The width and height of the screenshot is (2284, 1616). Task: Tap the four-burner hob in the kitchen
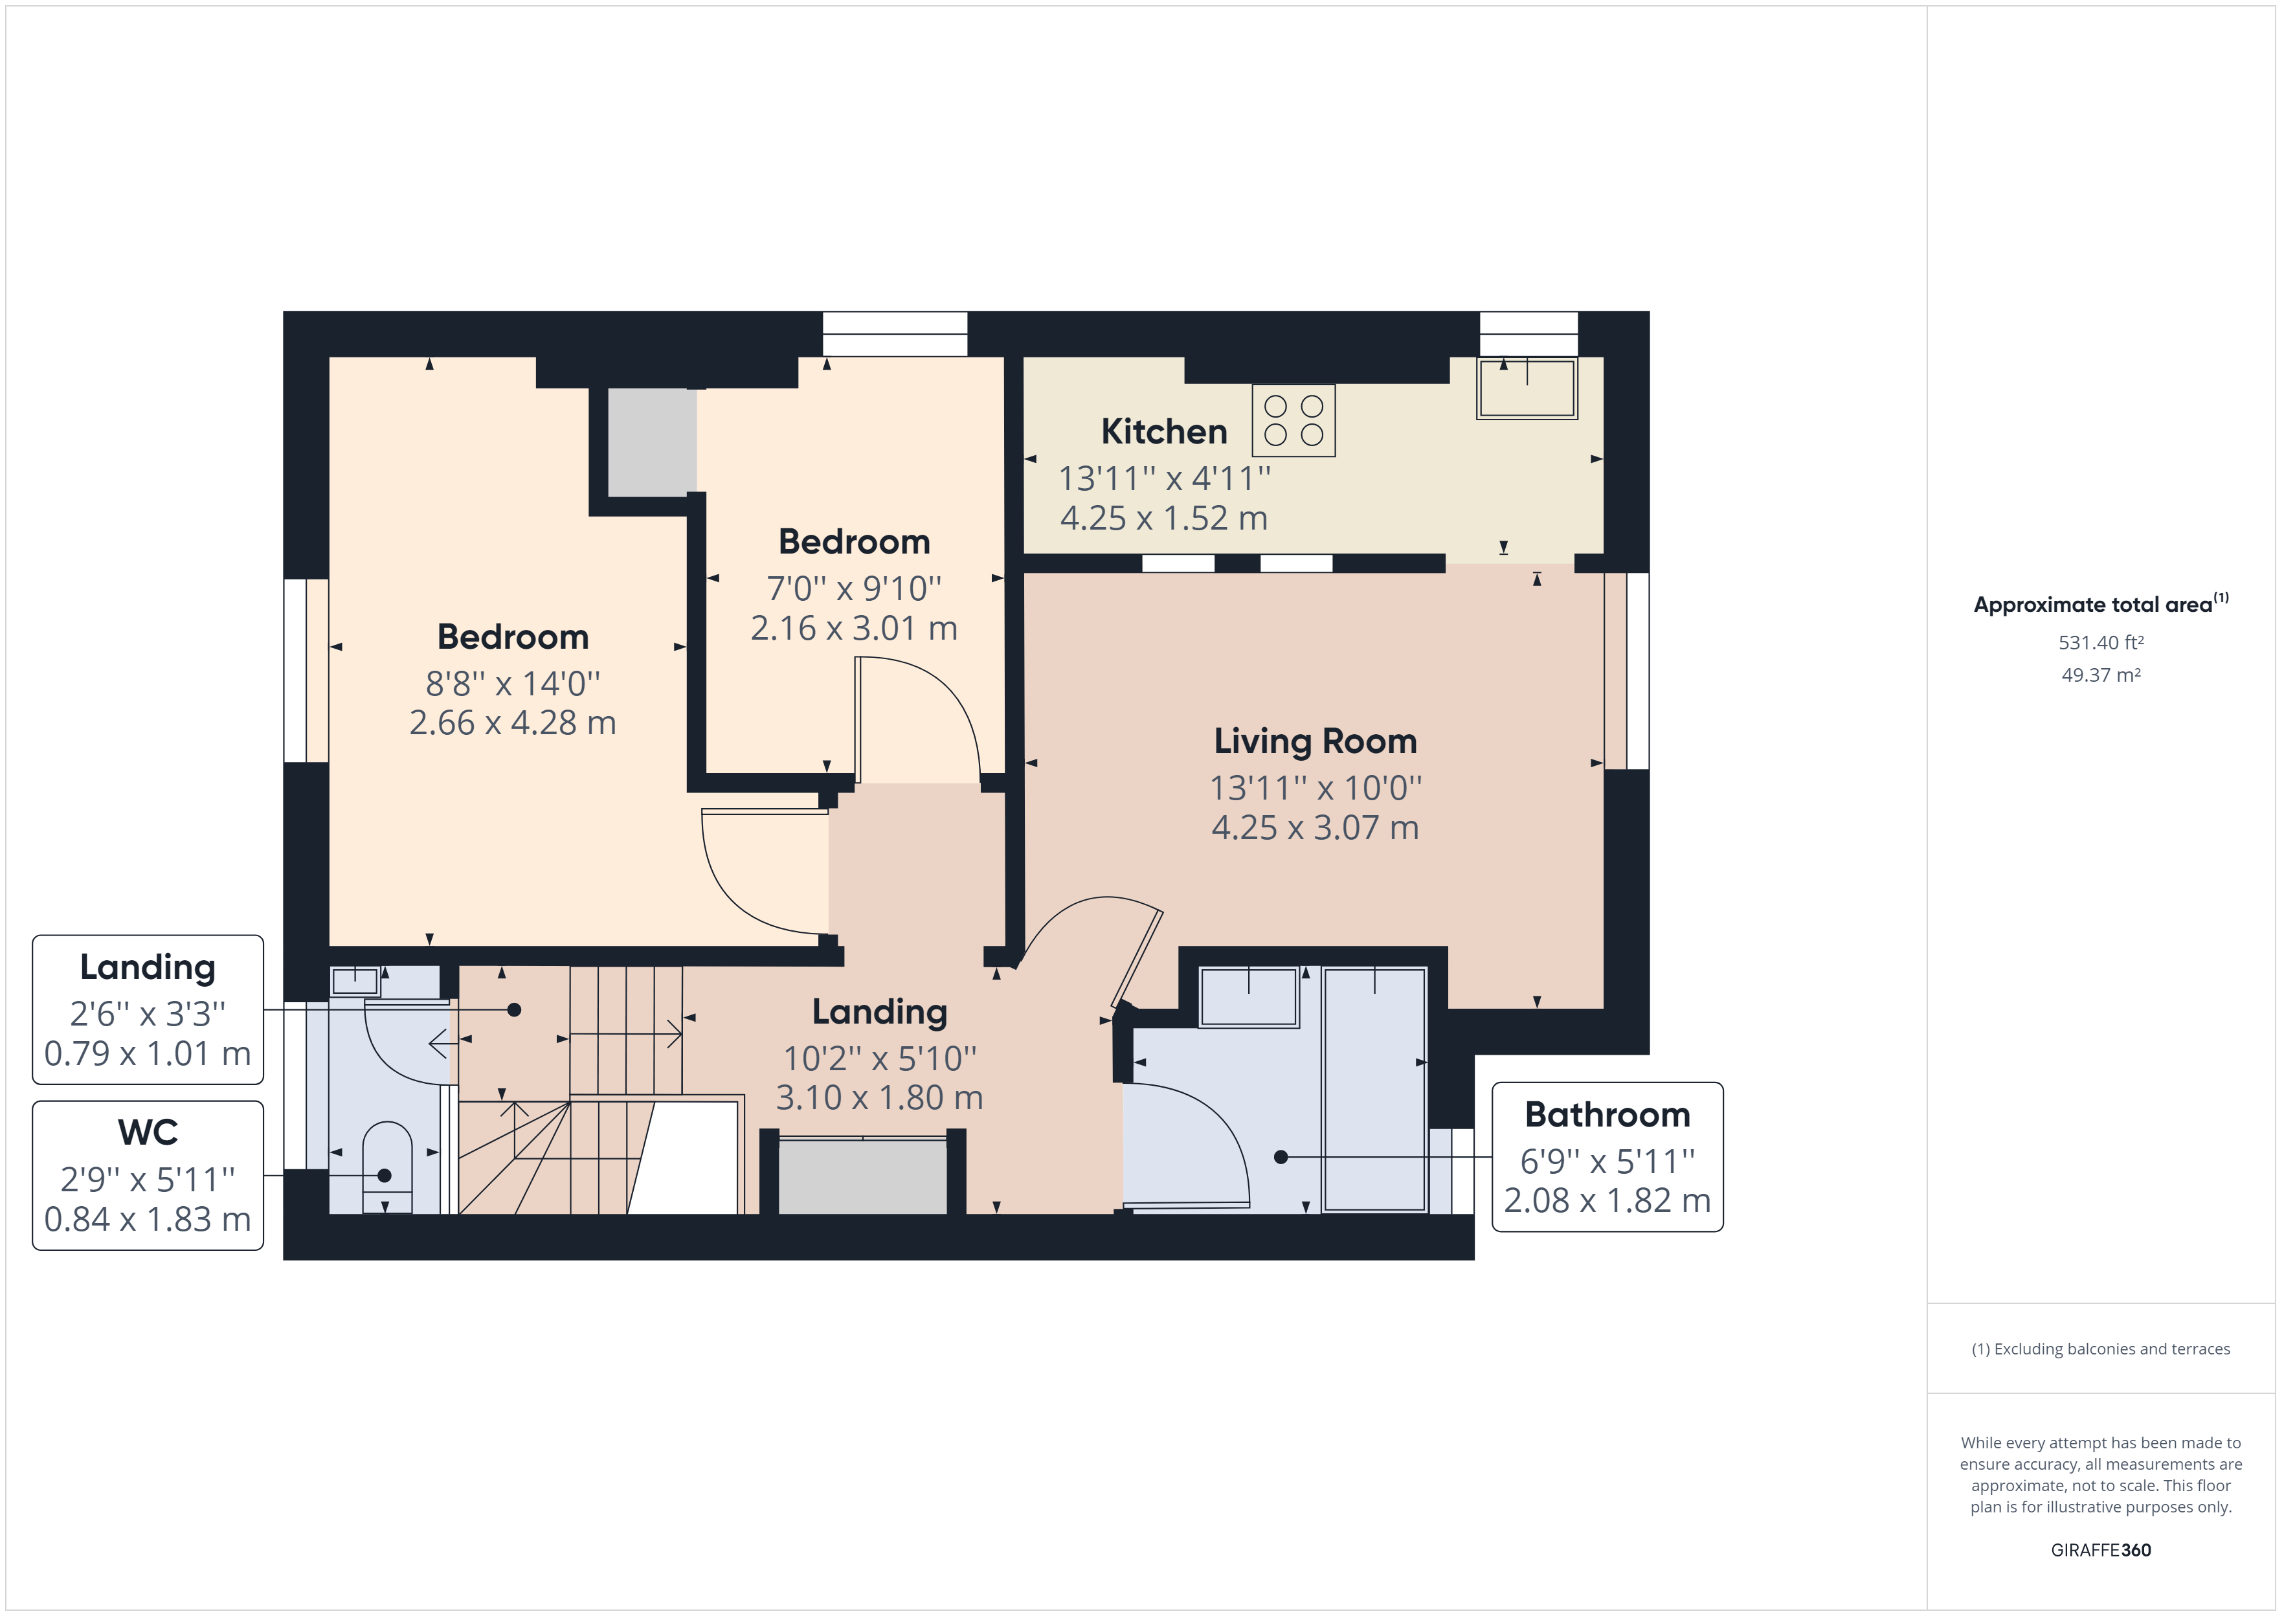pos(1293,420)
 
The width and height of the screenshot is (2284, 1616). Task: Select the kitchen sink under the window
pos(1527,388)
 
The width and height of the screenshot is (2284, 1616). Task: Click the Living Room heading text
pos(1315,741)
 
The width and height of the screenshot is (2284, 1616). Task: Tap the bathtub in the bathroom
pos(1375,1090)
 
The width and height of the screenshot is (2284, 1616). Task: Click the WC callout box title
pos(148,1132)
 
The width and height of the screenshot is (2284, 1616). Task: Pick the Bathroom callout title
pos(1607,1114)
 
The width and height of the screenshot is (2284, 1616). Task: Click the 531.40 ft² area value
pos(2101,643)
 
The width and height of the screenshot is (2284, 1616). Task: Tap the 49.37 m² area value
pos(2101,675)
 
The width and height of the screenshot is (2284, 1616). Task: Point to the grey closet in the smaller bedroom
pos(651,442)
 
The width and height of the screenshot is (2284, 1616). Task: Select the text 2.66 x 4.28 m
pos(513,723)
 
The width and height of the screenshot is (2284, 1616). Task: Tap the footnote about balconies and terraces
pos(2101,1349)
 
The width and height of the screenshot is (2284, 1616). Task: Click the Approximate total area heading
pos(2101,604)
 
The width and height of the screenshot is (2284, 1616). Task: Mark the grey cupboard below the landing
pos(862,1177)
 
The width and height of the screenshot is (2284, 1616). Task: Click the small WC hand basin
pos(355,981)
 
